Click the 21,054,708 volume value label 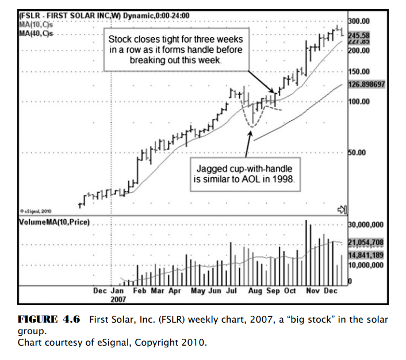(x=366, y=242)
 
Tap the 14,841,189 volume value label (x=366, y=255)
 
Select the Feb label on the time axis (x=140, y=291)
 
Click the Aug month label (x=255, y=291)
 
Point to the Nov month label (x=312, y=291)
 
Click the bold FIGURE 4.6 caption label (x=49, y=320)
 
